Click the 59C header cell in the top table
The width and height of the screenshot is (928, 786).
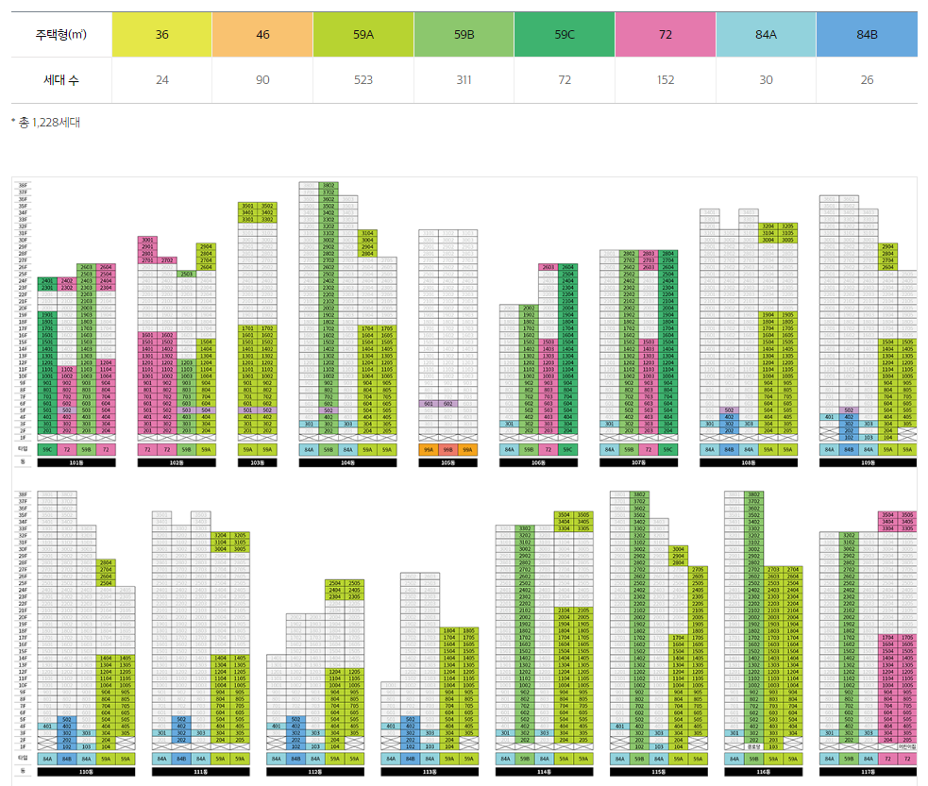[x=565, y=34]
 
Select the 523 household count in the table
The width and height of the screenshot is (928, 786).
[x=363, y=80]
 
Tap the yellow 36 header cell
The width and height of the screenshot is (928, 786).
[x=162, y=34]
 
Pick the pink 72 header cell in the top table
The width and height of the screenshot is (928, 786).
[x=666, y=34]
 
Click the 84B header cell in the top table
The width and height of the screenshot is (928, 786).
[x=867, y=34]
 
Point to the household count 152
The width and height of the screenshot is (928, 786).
[x=666, y=80]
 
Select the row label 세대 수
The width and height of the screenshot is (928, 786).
[x=61, y=80]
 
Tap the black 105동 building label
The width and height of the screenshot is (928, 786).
[x=448, y=463]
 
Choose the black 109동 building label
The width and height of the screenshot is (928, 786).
[x=867, y=463]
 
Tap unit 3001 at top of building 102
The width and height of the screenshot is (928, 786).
[x=148, y=241]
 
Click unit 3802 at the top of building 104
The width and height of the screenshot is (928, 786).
[x=329, y=185]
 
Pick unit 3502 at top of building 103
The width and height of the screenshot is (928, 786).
[x=267, y=206]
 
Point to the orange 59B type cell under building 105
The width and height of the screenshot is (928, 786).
[x=448, y=450]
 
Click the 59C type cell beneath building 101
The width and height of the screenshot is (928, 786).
[x=46, y=450]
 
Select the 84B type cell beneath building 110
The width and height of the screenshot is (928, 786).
[x=66, y=758]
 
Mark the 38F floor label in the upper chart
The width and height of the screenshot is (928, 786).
[x=23, y=185]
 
